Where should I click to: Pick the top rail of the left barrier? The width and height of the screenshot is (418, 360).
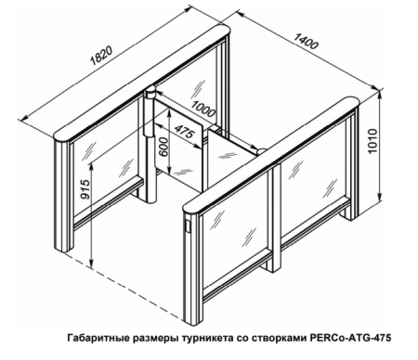coord(139,84)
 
